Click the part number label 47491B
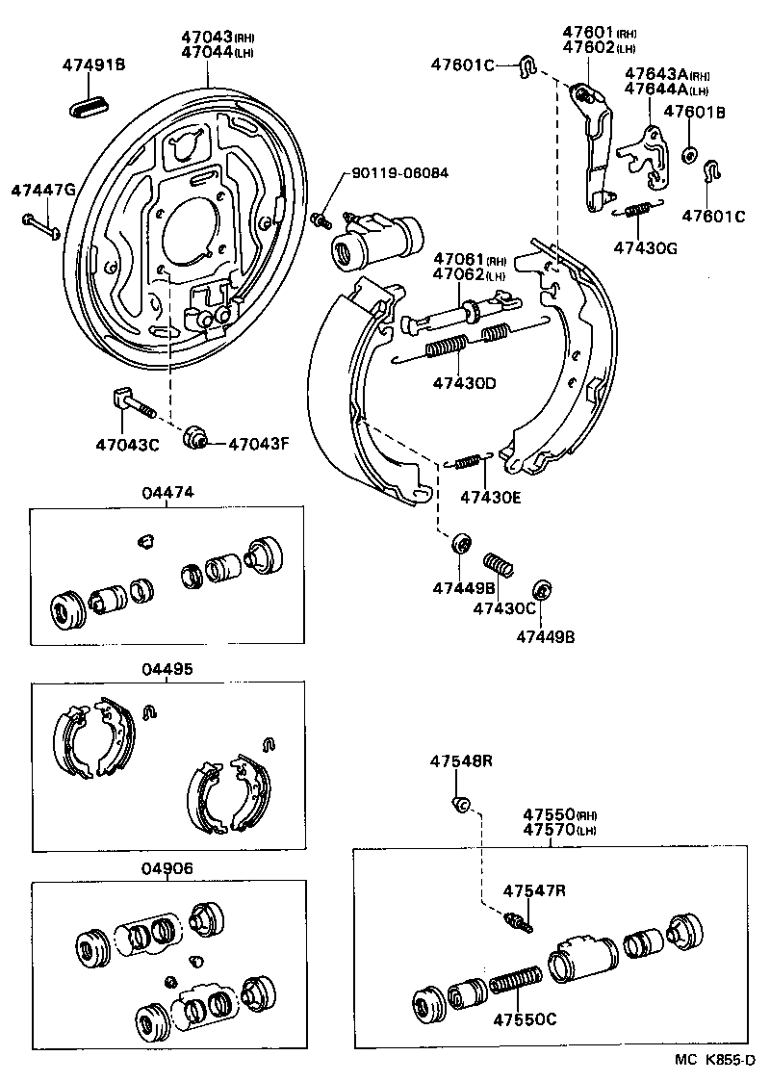[x=94, y=65]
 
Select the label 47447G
[x=42, y=190]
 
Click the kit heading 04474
[x=167, y=492]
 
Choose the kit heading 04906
[x=167, y=867]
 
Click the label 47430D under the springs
[x=464, y=383]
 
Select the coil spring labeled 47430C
[x=497, y=567]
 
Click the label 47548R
[x=461, y=760]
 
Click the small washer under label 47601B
[x=690, y=154]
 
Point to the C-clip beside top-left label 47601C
[x=526, y=65]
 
